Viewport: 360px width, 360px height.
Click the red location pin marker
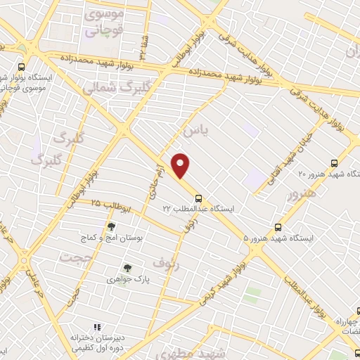pyautogui.click(x=181, y=165)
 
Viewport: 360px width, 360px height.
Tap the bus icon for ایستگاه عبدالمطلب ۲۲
pyautogui.click(x=199, y=198)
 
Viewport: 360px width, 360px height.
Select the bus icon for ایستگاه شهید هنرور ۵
pyautogui.click(x=278, y=227)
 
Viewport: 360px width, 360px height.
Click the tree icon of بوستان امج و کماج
pyautogui.click(x=110, y=226)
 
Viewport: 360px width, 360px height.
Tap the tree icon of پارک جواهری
pyautogui.click(x=127, y=267)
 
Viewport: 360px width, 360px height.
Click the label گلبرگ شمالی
pyautogui.click(x=117, y=87)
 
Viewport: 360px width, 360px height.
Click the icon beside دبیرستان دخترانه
pyautogui.click(x=97, y=327)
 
